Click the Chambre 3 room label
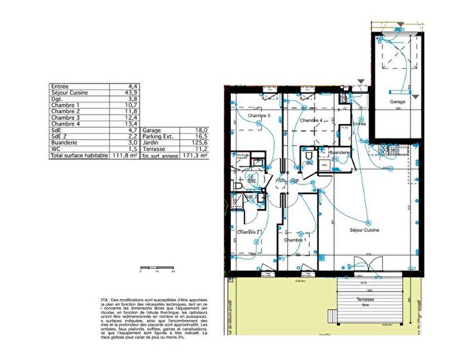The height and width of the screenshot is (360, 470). point(260,116)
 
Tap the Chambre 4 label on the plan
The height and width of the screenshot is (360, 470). point(311,121)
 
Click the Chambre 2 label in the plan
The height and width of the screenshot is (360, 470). point(247,232)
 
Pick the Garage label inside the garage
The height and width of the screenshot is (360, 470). point(397,101)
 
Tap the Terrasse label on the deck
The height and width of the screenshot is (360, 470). point(364,300)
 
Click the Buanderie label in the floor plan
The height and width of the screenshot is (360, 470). point(341,152)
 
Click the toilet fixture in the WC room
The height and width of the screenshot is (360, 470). point(310,163)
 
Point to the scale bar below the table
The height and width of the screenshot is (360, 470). point(157,268)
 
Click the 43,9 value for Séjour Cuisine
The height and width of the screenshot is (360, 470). point(132,93)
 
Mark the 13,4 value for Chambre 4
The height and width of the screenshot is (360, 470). point(132,124)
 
